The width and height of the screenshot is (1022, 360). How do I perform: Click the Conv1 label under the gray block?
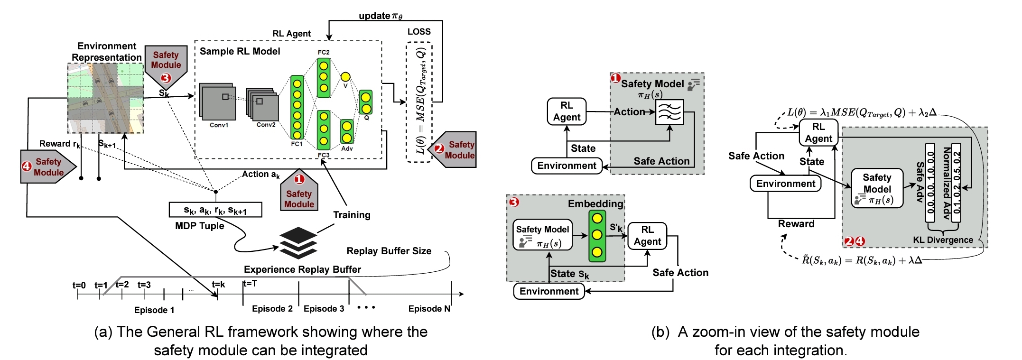click(219, 125)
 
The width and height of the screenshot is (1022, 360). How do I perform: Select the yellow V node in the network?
click(345, 77)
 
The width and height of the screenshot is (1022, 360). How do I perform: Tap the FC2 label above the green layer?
click(324, 52)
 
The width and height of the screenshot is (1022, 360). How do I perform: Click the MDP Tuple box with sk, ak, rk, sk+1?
click(215, 210)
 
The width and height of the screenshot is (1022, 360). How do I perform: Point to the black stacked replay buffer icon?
click(298, 243)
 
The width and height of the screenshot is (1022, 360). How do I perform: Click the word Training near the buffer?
click(352, 215)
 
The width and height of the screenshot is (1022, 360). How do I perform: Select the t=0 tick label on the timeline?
click(79, 285)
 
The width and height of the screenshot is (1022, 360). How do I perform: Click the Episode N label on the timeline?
click(429, 309)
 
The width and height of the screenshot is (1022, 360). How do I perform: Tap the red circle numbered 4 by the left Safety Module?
click(27, 166)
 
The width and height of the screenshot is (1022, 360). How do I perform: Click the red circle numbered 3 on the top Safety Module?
click(166, 78)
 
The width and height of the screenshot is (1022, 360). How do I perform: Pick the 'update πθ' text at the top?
click(381, 16)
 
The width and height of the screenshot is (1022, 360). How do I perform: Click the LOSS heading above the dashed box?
click(419, 32)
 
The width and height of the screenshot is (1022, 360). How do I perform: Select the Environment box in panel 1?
click(567, 166)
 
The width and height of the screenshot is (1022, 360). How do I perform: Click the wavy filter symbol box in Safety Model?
click(669, 112)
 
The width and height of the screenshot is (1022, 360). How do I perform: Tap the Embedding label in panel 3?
click(595, 204)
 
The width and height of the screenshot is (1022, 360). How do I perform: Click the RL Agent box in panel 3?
click(647, 236)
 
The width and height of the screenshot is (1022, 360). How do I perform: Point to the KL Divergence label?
click(943, 240)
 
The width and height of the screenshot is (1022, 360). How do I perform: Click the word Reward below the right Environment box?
click(796, 224)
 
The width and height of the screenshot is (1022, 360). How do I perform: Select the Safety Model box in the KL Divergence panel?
click(877, 188)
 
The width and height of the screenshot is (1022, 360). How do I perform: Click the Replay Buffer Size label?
click(389, 251)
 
